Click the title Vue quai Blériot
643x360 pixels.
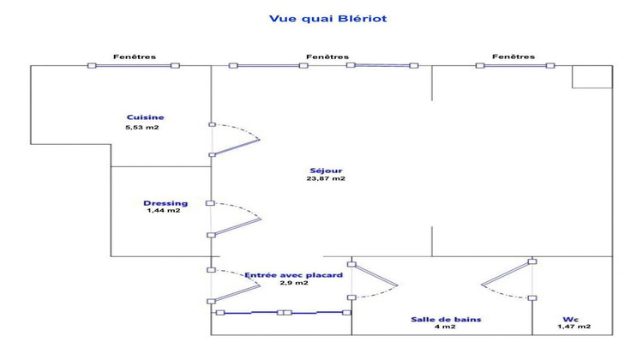pyautogui.click(x=328, y=19)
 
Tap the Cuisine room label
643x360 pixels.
pyautogui.click(x=145, y=117)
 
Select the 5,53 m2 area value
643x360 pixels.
pyautogui.click(x=141, y=128)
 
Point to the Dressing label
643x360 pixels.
pyautogui.click(x=165, y=203)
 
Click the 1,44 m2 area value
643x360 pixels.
pyautogui.click(x=164, y=211)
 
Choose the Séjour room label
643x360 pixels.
pyautogui.click(x=326, y=171)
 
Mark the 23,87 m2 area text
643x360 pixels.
pyautogui.click(x=326, y=179)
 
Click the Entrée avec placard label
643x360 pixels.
pyautogui.click(x=293, y=275)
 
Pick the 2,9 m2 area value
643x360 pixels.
pyautogui.click(x=294, y=283)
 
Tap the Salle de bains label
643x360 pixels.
pyautogui.click(x=446, y=320)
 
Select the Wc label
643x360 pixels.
pyautogui.click(x=571, y=320)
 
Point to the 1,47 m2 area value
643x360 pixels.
pyautogui.click(x=574, y=327)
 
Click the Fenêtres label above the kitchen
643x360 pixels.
pyautogui.click(x=135, y=57)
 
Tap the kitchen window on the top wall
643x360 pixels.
pyautogui.click(x=134, y=66)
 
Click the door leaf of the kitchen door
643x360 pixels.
pyautogui.click(x=236, y=147)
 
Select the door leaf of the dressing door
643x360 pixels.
pyautogui.click(x=237, y=227)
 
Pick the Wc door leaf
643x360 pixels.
pyautogui.click(x=507, y=273)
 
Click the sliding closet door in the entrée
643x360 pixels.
pyautogui.click(x=284, y=313)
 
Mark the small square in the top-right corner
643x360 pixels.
pyautogui.click(x=592, y=76)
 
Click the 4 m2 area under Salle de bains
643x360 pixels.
pyautogui.click(x=445, y=327)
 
